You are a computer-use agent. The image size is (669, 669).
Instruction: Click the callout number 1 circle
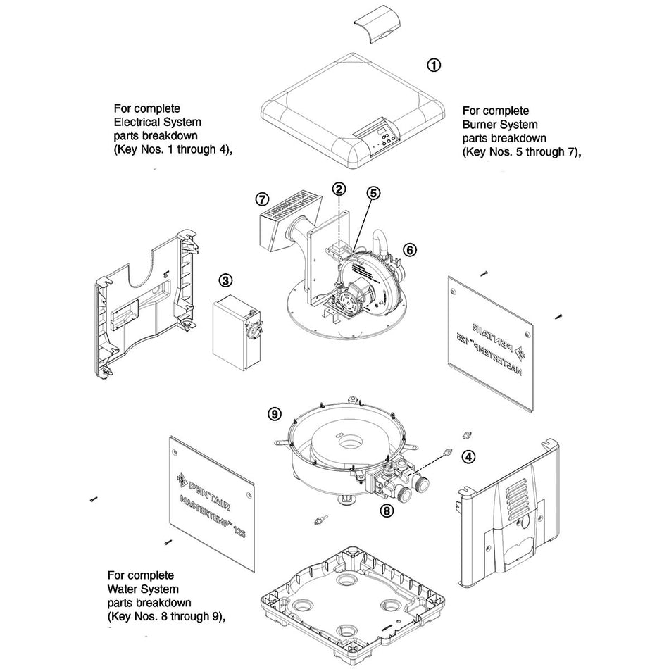(x=434, y=65)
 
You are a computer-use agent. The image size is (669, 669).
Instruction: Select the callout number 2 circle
(x=339, y=189)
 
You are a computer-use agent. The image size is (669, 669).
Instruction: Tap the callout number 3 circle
(x=225, y=280)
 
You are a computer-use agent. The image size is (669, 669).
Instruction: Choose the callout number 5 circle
(x=373, y=192)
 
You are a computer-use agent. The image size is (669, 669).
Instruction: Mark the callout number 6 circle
(x=410, y=249)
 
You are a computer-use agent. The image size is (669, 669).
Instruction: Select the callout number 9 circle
(x=275, y=414)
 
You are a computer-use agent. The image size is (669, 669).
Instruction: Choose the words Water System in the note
(x=143, y=589)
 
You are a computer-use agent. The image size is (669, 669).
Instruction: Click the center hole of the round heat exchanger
(x=346, y=446)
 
